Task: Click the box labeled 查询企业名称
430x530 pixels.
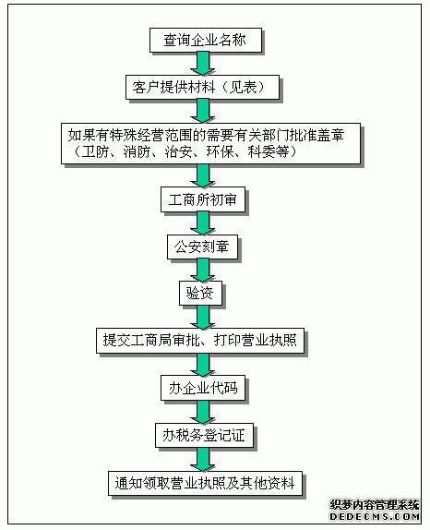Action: pyautogui.click(x=206, y=41)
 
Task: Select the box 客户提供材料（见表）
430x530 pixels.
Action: pyautogui.click(x=203, y=87)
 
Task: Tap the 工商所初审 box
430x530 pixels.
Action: pyautogui.click(x=203, y=199)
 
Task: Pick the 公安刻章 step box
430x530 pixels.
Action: pyautogui.click(x=202, y=247)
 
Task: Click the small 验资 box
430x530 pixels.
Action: pyautogui.click(x=200, y=293)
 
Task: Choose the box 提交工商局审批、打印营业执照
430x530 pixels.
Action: pyautogui.click(x=200, y=341)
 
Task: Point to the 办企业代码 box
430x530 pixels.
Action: pyautogui.click(x=203, y=388)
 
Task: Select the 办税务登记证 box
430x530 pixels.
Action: pyautogui.click(x=204, y=436)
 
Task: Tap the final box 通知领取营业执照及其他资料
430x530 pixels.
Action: pyautogui.click(x=205, y=483)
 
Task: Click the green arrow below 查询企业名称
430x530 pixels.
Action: pyautogui.click(x=203, y=64)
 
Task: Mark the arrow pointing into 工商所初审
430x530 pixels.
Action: pyautogui.click(x=203, y=175)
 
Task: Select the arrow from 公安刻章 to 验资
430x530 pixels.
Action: pyautogui.click(x=203, y=271)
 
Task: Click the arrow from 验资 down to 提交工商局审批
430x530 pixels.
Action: pyautogui.click(x=203, y=317)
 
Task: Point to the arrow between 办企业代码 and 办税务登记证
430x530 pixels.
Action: pyautogui.click(x=203, y=412)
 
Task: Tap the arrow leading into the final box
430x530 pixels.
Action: pyautogui.click(x=203, y=460)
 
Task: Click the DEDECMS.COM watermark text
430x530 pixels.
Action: pyautogui.click(x=375, y=516)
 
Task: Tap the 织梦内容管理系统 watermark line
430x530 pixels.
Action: pyautogui.click(x=375, y=505)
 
